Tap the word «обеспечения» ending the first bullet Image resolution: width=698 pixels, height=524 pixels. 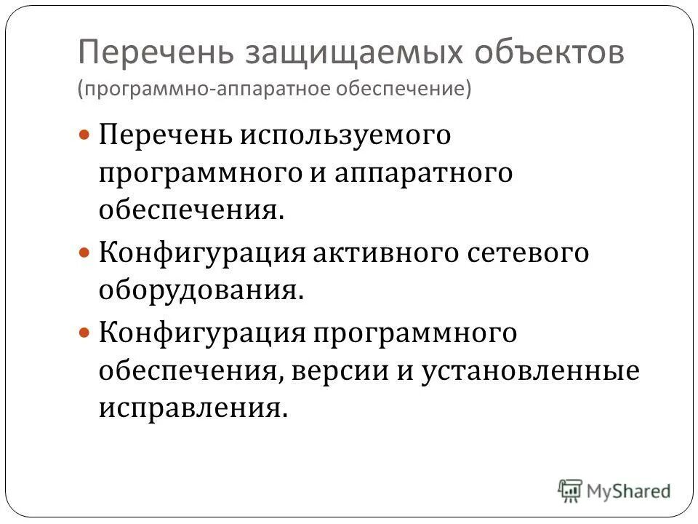[190, 211]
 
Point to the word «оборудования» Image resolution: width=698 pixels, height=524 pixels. [199, 291]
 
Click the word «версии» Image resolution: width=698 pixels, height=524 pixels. [342, 371]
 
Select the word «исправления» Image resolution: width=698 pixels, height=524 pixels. [189, 409]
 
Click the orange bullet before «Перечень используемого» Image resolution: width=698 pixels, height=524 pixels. [84, 136]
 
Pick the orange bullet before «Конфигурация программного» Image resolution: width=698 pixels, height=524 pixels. [84, 333]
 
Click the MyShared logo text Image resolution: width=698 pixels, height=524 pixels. [630, 491]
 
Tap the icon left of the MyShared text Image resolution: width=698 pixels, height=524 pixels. [571, 490]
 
